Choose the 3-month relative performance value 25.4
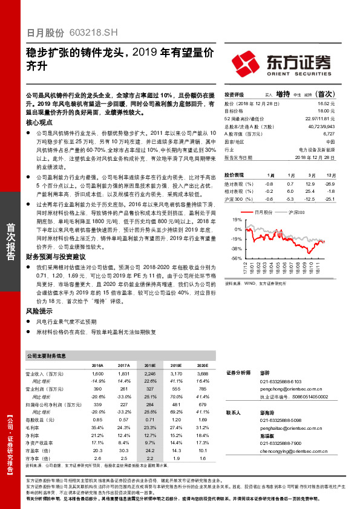[x=311, y=190]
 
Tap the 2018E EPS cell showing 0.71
[x=149, y=419]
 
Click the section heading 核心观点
[x=39, y=122]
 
